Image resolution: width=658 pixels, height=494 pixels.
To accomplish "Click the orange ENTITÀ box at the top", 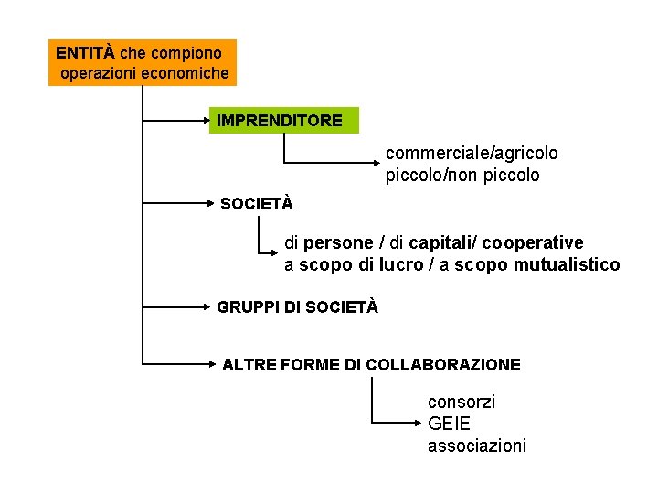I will (x=143, y=62).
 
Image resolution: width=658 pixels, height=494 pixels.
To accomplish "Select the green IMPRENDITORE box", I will (x=283, y=120).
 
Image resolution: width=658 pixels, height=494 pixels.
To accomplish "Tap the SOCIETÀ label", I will (x=257, y=204).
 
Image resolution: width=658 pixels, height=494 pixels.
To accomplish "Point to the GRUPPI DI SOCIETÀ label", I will (x=297, y=307).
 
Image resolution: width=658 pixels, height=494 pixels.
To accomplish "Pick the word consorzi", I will (x=462, y=401).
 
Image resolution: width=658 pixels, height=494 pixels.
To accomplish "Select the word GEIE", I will (x=449, y=424).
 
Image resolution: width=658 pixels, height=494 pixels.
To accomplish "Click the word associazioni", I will (x=476, y=446).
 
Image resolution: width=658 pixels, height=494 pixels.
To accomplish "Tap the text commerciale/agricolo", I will (x=472, y=153).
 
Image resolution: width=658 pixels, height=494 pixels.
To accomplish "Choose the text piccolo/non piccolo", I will (x=462, y=175).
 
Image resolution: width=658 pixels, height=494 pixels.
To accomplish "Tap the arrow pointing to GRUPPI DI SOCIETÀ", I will (x=178, y=308).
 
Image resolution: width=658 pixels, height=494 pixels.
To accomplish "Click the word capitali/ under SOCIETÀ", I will (x=442, y=243).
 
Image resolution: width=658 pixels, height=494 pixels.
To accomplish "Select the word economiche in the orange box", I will (x=186, y=72).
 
